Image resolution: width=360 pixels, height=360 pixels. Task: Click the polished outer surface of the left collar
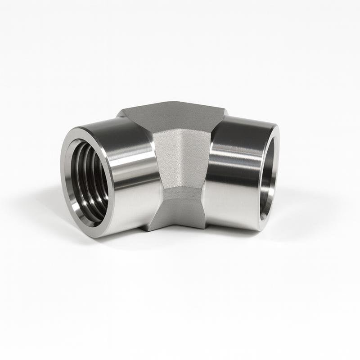point(130,189)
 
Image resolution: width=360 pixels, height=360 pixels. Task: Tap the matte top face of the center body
point(173,115)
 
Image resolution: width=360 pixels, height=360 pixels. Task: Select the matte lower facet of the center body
point(178,211)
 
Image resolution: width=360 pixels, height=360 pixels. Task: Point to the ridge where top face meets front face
point(180,130)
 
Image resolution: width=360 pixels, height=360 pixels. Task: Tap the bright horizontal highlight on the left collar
point(130,155)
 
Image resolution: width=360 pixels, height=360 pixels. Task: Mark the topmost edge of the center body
point(173,103)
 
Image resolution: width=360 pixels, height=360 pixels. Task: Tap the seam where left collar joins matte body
point(155,180)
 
